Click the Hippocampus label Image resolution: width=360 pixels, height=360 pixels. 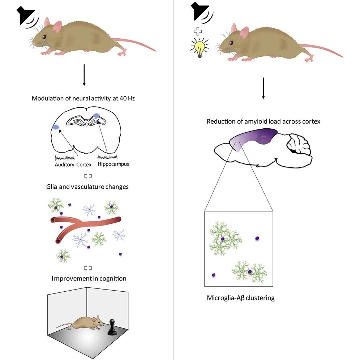click(x=113, y=164)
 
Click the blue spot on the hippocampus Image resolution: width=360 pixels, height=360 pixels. click(x=97, y=115)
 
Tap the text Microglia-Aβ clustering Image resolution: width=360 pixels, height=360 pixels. click(x=241, y=298)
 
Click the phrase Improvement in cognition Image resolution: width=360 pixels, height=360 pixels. click(x=89, y=279)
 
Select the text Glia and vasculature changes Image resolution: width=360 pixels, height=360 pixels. click(x=87, y=187)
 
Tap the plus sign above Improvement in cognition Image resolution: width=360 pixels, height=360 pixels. click(x=87, y=268)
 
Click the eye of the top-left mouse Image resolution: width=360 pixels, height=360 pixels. click(x=44, y=37)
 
